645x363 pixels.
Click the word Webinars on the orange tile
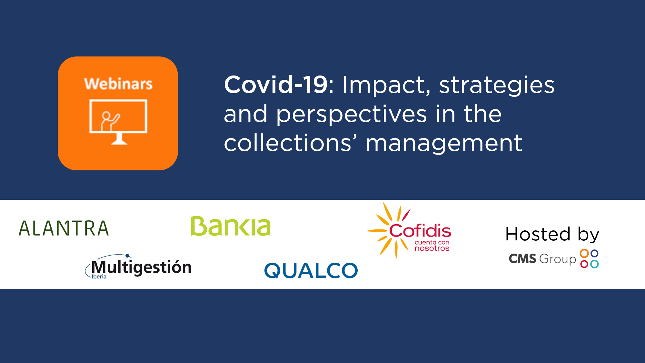point(118,84)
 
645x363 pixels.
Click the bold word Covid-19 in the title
point(276,85)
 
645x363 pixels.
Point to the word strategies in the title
point(497,86)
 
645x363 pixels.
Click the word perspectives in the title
point(352,115)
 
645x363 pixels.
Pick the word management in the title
point(444,144)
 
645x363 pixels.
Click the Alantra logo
point(64,228)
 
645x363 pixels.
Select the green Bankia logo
point(231,226)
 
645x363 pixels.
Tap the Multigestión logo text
point(141,267)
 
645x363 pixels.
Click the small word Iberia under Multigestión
point(99,277)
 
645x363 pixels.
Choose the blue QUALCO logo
point(311,270)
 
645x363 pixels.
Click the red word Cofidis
point(420,230)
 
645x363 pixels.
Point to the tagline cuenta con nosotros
point(432,246)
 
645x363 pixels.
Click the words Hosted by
point(552,234)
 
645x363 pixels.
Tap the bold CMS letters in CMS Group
point(522,259)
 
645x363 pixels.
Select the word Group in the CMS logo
point(557,259)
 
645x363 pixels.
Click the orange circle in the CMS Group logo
point(584,253)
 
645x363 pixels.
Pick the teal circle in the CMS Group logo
point(594,264)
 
